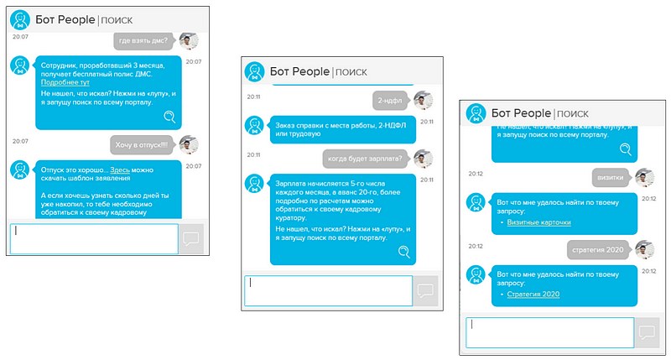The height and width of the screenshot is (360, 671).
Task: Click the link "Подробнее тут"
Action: [65, 82]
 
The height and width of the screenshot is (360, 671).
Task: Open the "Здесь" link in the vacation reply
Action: [120, 170]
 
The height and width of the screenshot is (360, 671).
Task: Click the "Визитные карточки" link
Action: [538, 222]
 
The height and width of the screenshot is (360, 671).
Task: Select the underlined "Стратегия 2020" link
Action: [533, 294]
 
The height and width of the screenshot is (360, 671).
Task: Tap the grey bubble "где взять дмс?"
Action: [143, 40]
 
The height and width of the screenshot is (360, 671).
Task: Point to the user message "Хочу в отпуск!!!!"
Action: [142, 145]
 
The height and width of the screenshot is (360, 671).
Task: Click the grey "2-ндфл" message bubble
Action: [390, 101]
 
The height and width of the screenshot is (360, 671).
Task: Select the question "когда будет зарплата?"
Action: [365, 159]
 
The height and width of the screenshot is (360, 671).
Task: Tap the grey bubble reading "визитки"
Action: [611, 178]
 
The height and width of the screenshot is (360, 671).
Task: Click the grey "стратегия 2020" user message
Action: [598, 250]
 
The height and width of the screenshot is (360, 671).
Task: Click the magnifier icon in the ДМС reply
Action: [170, 117]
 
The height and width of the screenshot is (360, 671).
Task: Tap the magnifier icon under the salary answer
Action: [404, 252]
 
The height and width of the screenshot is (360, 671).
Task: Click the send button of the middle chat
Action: [425, 291]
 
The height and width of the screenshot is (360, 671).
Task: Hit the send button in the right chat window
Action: [647, 332]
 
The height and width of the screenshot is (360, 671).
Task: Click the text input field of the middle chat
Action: [328, 291]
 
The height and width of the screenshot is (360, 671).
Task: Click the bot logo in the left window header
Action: [20, 19]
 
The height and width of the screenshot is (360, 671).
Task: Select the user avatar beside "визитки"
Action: [644, 178]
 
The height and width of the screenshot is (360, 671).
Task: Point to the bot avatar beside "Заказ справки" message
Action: [255, 126]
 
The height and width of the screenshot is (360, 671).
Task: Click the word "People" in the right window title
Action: [533, 113]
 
